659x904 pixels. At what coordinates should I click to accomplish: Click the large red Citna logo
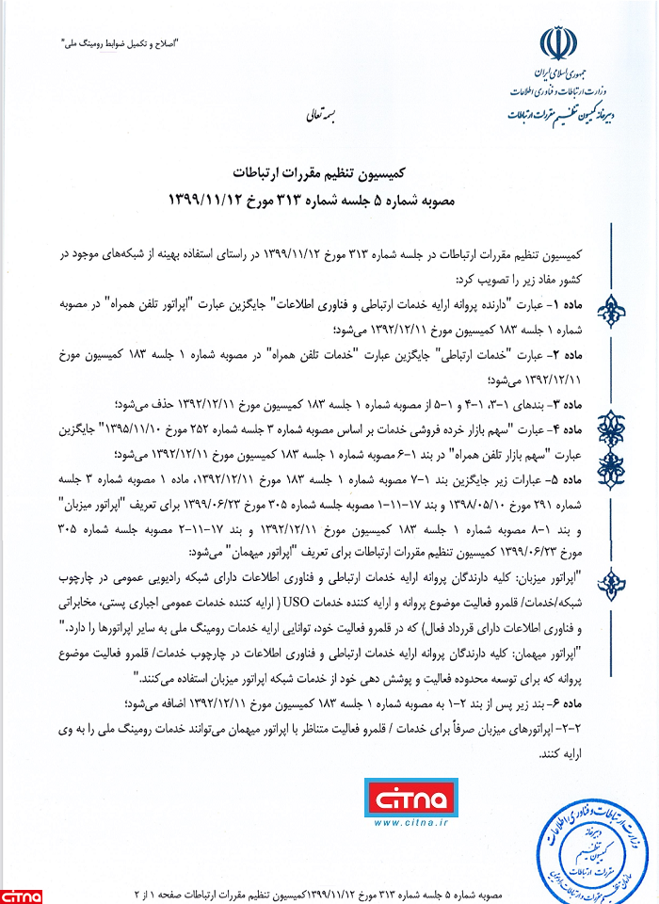tap(413, 802)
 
